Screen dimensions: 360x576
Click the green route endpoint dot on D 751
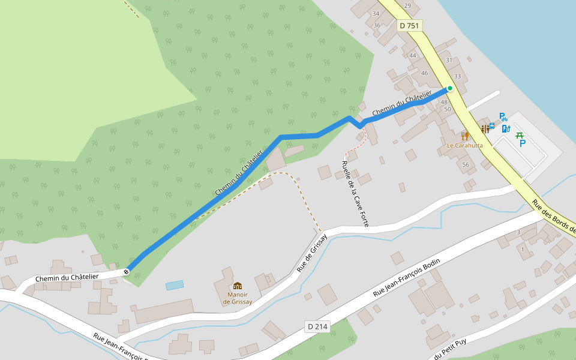coord(449,89)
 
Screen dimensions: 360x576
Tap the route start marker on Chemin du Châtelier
coord(127,272)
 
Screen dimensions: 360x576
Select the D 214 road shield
coord(317,326)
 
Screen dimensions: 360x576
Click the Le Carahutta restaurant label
coord(464,145)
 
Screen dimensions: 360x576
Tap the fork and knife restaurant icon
coord(464,136)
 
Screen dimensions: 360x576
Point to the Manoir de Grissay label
coord(238,298)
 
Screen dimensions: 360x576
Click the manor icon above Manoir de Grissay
coord(238,286)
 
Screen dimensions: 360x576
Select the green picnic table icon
coord(520,135)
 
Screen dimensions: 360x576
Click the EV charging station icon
coord(506,128)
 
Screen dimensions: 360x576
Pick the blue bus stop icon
coord(492,126)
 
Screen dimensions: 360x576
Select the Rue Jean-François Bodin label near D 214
coord(406,278)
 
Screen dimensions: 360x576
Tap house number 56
coord(466,164)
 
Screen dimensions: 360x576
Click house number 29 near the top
coord(408,5)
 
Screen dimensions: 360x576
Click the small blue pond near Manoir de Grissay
coord(175,285)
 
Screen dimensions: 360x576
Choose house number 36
coord(377,25)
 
